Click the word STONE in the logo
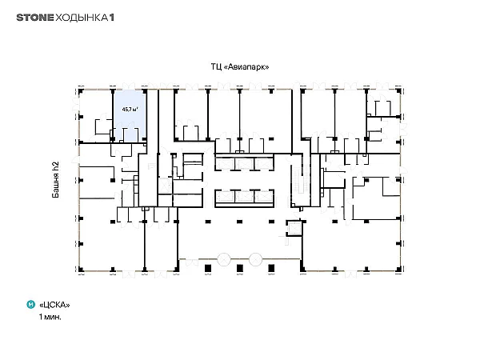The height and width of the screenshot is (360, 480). (35, 18)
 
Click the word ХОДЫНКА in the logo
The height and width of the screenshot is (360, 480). (82, 18)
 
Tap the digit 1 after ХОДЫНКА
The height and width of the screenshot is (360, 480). (112, 18)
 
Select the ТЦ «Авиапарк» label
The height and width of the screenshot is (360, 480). (240, 66)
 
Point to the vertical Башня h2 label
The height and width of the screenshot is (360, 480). (55, 179)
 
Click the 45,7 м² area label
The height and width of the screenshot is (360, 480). (130, 109)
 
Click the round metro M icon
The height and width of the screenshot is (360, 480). (31, 304)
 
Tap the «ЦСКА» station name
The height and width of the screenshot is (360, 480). (54, 305)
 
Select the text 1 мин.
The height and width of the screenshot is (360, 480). (50, 317)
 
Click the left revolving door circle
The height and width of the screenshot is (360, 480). (224, 259)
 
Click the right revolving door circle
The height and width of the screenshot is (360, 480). (255, 259)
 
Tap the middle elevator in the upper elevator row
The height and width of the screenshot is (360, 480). (244, 164)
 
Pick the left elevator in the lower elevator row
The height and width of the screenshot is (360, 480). (225, 197)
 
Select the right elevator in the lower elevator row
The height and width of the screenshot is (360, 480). (263, 197)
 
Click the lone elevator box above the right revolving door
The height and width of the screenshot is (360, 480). (294, 228)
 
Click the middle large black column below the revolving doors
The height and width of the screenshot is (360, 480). (240, 269)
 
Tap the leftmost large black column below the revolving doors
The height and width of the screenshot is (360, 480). (208, 269)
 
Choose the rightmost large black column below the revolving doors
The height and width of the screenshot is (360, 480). (271, 269)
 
